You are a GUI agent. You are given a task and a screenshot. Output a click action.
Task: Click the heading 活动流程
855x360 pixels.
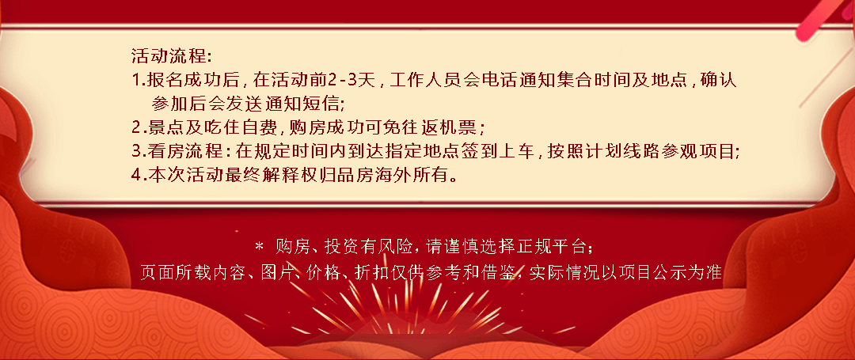[168, 55]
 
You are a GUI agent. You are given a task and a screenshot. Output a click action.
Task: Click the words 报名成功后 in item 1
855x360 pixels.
[193, 80]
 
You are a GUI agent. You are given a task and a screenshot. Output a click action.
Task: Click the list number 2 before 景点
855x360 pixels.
[136, 127]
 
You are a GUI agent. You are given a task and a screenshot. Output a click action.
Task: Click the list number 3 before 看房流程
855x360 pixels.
[136, 151]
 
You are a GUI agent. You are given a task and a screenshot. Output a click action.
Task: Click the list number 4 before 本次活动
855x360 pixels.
[136, 175]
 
